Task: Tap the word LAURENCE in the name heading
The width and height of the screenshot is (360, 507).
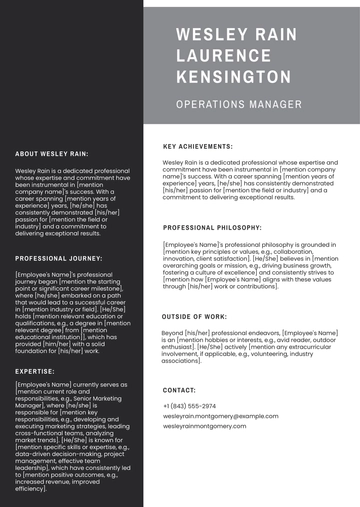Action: point(222,56)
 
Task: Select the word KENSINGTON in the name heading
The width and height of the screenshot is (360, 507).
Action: point(233,77)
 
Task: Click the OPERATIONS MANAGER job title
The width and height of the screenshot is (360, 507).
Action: point(237,104)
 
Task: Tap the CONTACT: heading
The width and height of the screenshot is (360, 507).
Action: point(179,389)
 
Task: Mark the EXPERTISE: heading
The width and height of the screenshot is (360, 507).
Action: point(35,370)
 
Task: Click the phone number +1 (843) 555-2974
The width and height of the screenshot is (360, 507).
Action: point(189,406)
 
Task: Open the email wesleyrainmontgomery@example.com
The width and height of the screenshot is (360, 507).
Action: point(220,416)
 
